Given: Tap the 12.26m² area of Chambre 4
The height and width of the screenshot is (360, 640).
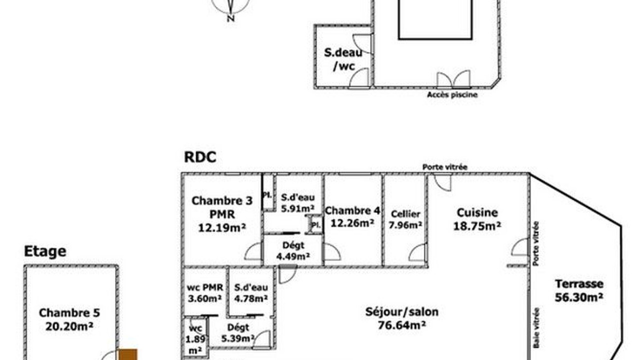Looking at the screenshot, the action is tap(352, 223).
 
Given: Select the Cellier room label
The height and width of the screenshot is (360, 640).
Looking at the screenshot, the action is tap(405, 214).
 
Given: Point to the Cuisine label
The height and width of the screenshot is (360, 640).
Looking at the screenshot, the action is tap(477, 212).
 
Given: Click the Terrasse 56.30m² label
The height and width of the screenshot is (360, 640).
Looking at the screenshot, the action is tap(579, 290).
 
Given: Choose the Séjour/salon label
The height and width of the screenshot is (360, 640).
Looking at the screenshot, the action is tap(401, 311).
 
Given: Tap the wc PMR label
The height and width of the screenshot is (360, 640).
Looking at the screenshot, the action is tap(204, 287).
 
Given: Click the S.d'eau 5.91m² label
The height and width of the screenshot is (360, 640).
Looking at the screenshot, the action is tap(297, 203).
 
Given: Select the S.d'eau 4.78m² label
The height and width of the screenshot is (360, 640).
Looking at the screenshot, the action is tap(251, 293).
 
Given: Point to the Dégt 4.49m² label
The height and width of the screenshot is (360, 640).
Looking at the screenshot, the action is tap(293, 251).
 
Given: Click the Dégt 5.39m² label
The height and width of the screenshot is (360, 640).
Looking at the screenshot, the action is tap(238, 333).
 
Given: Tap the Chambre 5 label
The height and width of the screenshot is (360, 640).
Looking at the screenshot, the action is tap(69, 313).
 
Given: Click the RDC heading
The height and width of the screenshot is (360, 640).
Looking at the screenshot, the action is tap(200, 157).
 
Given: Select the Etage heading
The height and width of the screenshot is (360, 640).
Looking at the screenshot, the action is tap(45, 251).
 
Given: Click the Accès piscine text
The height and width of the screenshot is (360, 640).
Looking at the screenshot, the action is tap(452, 94).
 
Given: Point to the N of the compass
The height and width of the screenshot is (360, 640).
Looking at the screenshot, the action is tap(231, 18).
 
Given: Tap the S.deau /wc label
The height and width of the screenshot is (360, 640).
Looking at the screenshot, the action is tap(343, 59).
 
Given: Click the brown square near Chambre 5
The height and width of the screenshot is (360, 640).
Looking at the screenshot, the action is tap(128, 354).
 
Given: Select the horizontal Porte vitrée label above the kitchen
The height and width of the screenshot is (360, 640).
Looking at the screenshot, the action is tap(445, 167).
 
